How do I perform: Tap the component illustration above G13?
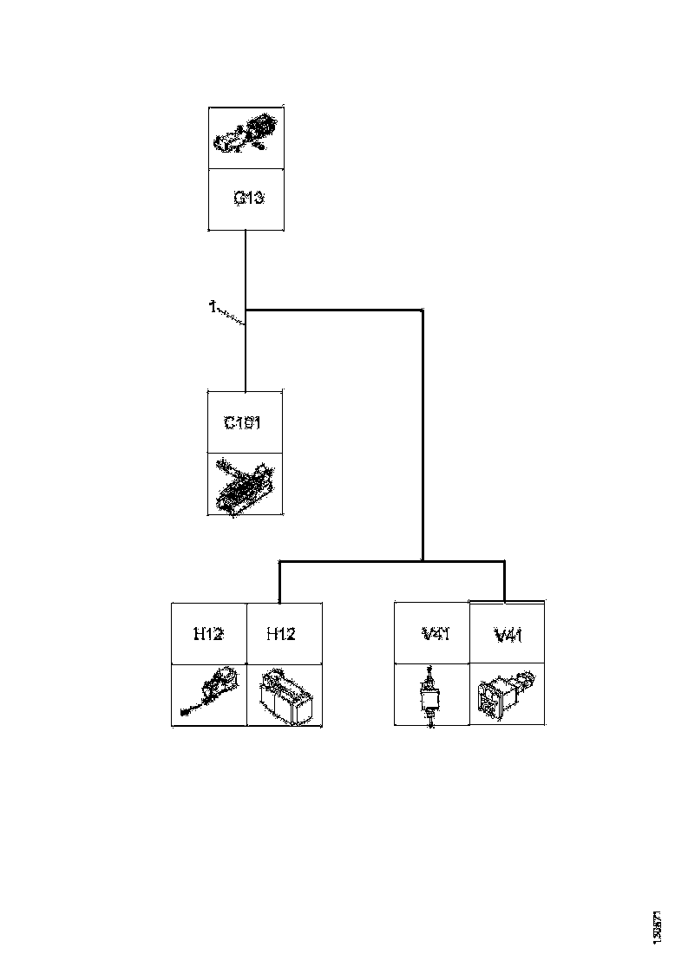click(x=246, y=136)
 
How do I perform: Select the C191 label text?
click(x=244, y=424)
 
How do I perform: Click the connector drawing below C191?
click(x=245, y=484)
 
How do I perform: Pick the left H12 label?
click(x=208, y=634)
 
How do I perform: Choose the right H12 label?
click(x=280, y=634)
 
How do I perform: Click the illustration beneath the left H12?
click(x=208, y=695)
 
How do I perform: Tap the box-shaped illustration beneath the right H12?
click(x=284, y=696)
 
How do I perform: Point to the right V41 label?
click(x=508, y=636)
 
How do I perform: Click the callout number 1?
click(x=211, y=305)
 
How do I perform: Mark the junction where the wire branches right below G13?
click(x=246, y=309)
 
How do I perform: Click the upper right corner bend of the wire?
click(x=423, y=310)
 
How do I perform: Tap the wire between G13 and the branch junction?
click(x=246, y=269)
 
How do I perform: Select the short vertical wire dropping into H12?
click(x=279, y=583)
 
